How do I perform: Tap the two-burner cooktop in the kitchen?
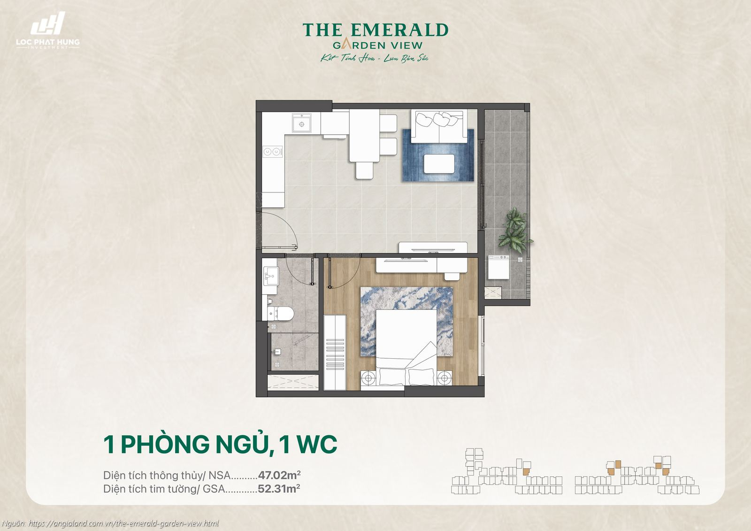[x=272, y=152]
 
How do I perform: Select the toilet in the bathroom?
[x=281, y=313]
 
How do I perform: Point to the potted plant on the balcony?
[x=515, y=230]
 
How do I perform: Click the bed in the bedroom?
[x=406, y=347]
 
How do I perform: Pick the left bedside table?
[x=369, y=377]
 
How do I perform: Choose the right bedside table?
[x=444, y=377]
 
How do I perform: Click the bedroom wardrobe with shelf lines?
[x=335, y=352]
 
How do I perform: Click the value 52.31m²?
[x=279, y=489]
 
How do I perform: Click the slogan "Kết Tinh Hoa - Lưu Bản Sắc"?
[x=375, y=59]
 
